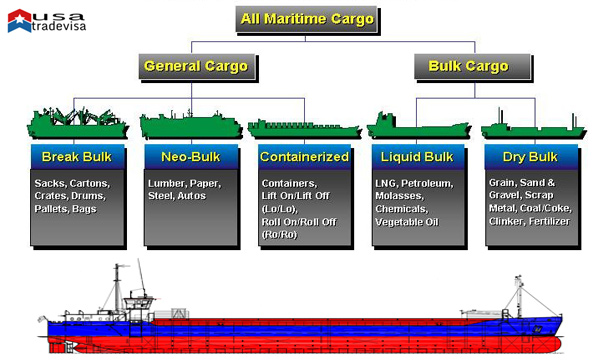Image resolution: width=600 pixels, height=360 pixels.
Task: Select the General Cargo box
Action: [196, 66]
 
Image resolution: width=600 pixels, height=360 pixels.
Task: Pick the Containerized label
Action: [304, 157]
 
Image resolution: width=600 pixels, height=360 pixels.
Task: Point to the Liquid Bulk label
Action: [418, 157]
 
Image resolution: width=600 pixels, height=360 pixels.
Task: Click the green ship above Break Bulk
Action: [75, 122]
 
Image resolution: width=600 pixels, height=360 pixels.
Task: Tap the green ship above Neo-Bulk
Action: [190, 125]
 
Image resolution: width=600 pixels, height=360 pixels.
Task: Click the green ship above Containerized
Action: [303, 127]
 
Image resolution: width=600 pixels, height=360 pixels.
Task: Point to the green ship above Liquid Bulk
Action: [417, 127]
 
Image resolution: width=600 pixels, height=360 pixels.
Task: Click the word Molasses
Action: [397, 197]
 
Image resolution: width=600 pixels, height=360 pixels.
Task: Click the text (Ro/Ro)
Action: [279, 233]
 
